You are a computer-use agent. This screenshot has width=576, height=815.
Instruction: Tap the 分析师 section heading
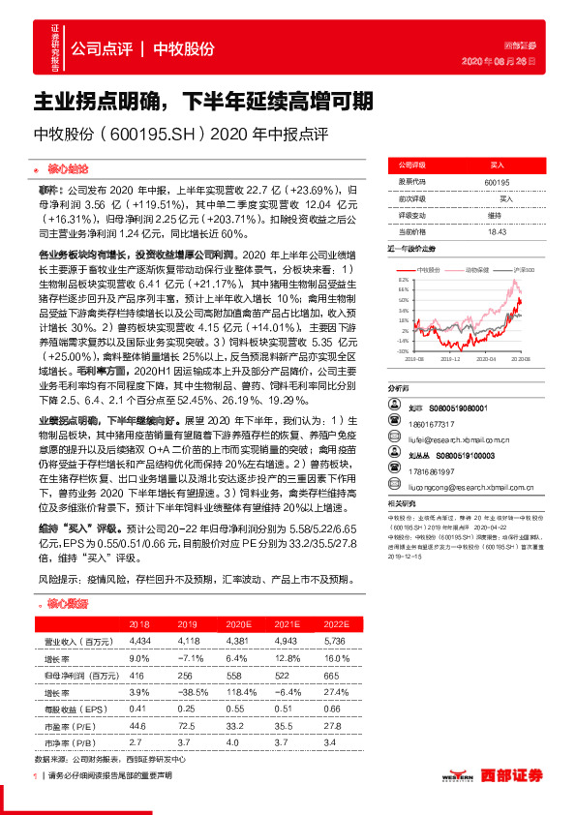(399, 385)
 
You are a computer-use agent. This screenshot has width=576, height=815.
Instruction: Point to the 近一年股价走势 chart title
(413, 249)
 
